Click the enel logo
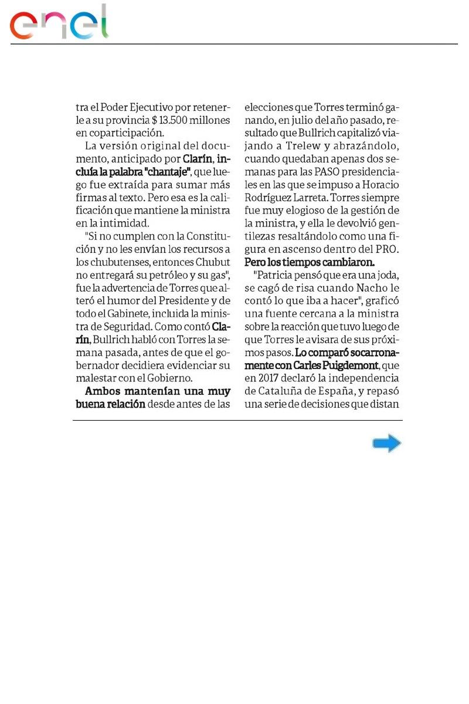59,24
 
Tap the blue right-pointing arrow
386,444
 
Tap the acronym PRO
389,249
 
